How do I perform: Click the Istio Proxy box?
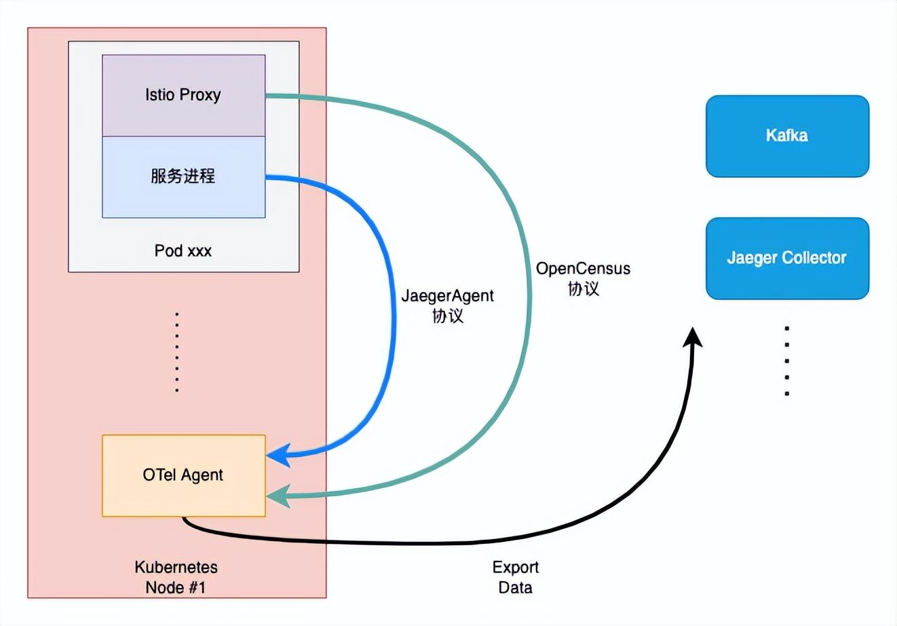(183, 95)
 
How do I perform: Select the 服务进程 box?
(183, 177)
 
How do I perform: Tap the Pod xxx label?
(183, 251)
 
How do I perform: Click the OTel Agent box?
(183, 475)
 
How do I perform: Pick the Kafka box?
(787, 136)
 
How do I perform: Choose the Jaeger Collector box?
(787, 258)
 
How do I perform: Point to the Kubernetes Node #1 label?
(176, 577)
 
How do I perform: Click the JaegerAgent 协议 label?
(448, 306)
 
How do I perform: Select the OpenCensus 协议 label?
(583, 278)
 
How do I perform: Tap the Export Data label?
(516, 577)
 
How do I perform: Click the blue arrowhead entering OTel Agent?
(278, 456)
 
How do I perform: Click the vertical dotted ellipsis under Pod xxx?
(177, 352)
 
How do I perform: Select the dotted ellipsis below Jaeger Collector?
(787, 361)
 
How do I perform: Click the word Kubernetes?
(176, 567)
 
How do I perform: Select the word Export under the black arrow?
(516, 567)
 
